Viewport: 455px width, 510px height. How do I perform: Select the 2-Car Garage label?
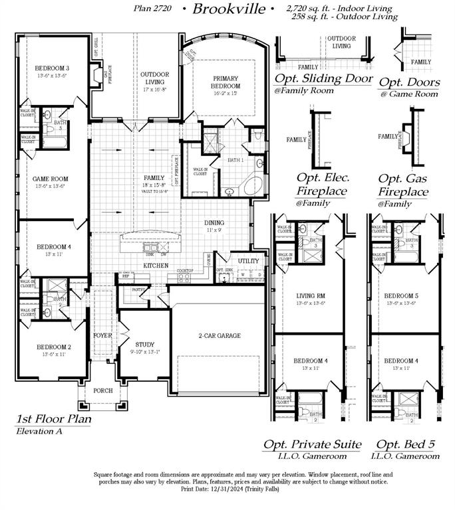tap(219, 335)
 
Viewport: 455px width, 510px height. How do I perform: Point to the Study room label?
tap(145, 344)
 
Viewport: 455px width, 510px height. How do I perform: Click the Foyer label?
tap(102, 335)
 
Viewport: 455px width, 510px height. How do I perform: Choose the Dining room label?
tap(214, 223)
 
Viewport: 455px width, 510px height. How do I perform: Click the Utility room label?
tap(248, 262)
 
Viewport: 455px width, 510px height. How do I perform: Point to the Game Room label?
tap(51, 179)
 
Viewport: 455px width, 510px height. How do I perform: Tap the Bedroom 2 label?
tap(53, 347)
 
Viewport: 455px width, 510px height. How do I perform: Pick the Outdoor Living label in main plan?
tap(154, 78)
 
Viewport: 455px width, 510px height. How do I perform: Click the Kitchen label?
tap(154, 266)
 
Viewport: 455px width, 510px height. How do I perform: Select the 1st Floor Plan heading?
tap(54, 419)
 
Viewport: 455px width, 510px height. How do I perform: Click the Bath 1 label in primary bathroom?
tap(235, 160)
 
